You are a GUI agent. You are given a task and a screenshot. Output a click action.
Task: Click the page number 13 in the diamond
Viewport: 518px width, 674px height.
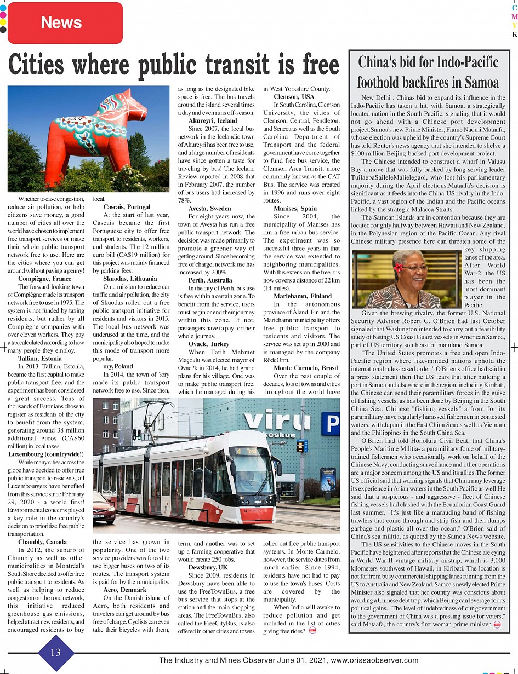pos(55,652)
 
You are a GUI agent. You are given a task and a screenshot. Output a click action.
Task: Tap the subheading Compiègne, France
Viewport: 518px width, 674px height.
pos(45,279)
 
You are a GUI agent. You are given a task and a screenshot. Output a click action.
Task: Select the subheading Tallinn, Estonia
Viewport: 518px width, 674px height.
pos(40,358)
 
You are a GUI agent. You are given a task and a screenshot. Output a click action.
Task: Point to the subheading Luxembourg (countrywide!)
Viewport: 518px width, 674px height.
pos(46,454)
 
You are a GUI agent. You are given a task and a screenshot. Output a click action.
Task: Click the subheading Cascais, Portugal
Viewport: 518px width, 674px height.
pos(127,207)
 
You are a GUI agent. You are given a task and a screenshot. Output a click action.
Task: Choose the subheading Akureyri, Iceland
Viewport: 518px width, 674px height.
pos(213,120)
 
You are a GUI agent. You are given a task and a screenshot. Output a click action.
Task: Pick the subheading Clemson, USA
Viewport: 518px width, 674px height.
pos(294,97)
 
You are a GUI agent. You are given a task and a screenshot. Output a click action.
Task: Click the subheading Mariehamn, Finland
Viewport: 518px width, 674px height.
pos(303,296)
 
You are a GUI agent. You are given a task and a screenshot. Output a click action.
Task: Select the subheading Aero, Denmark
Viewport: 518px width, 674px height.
pos(124,590)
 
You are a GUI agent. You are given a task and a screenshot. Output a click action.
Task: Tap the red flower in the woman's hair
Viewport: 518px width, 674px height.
pos(398,267)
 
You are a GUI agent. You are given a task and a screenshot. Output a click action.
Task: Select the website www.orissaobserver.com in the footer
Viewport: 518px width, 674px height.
pos(374,660)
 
